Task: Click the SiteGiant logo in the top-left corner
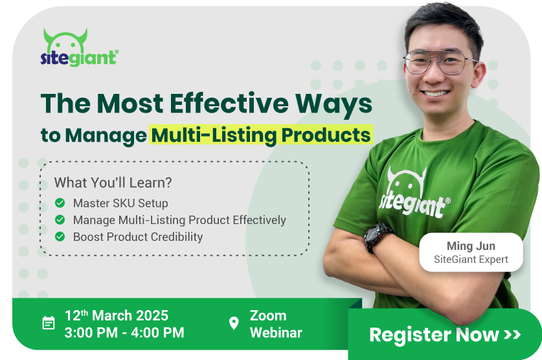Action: point(80,48)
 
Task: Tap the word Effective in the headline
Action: point(229,104)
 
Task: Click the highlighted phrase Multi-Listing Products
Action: point(261,135)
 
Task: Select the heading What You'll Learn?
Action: point(113,183)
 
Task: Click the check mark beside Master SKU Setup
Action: point(60,203)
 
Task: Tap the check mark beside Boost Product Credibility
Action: point(60,237)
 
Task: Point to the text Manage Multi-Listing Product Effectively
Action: point(179,220)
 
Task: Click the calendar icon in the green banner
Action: point(49,323)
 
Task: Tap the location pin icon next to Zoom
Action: point(234,323)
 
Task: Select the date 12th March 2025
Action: point(117,315)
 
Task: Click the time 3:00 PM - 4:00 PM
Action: point(124,333)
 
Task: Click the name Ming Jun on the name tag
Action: point(471,245)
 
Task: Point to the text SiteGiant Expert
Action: point(471,259)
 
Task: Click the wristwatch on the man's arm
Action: point(377,237)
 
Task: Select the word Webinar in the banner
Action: point(276,333)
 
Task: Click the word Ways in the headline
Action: point(333,104)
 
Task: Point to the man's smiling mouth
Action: point(436,94)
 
